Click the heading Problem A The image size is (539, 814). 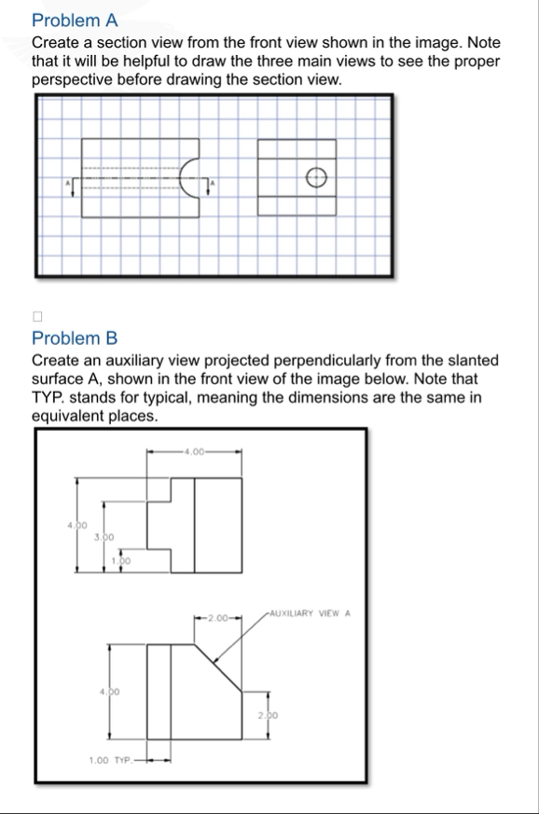point(75,20)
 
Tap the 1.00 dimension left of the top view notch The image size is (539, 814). point(120,560)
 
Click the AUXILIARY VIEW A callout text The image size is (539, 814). point(308,614)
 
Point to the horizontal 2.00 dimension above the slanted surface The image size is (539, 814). point(218,618)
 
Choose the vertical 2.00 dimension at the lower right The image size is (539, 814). point(267,713)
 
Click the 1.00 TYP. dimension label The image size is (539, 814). point(110,760)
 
